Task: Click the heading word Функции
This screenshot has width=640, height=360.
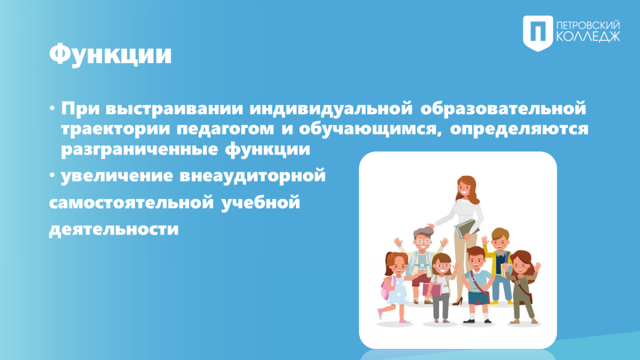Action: tap(110, 54)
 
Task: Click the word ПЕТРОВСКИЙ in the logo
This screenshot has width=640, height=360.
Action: tap(588, 26)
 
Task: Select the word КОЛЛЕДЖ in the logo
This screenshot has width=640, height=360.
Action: tap(588, 37)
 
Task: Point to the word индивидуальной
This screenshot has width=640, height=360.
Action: tap(331, 109)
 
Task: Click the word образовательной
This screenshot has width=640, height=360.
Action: tap(503, 108)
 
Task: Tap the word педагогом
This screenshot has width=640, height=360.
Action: tap(225, 130)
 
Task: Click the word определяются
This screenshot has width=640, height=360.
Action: tap(519, 130)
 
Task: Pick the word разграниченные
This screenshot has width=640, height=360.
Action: tap(139, 150)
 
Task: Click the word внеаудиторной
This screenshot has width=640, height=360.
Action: tap(253, 175)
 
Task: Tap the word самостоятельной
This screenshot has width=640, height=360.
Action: tap(131, 203)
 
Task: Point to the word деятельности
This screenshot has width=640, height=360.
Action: tap(114, 229)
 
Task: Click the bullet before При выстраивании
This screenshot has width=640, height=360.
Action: tap(52, 109)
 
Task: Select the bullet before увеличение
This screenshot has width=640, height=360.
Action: tap(52, 175)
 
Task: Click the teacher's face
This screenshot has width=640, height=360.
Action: tap(464, 189)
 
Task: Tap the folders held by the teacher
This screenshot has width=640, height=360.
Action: tap(466, 228)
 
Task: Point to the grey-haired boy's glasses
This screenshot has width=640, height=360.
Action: tap(423, 242)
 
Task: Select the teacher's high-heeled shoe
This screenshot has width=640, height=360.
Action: tap(458, 301)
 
